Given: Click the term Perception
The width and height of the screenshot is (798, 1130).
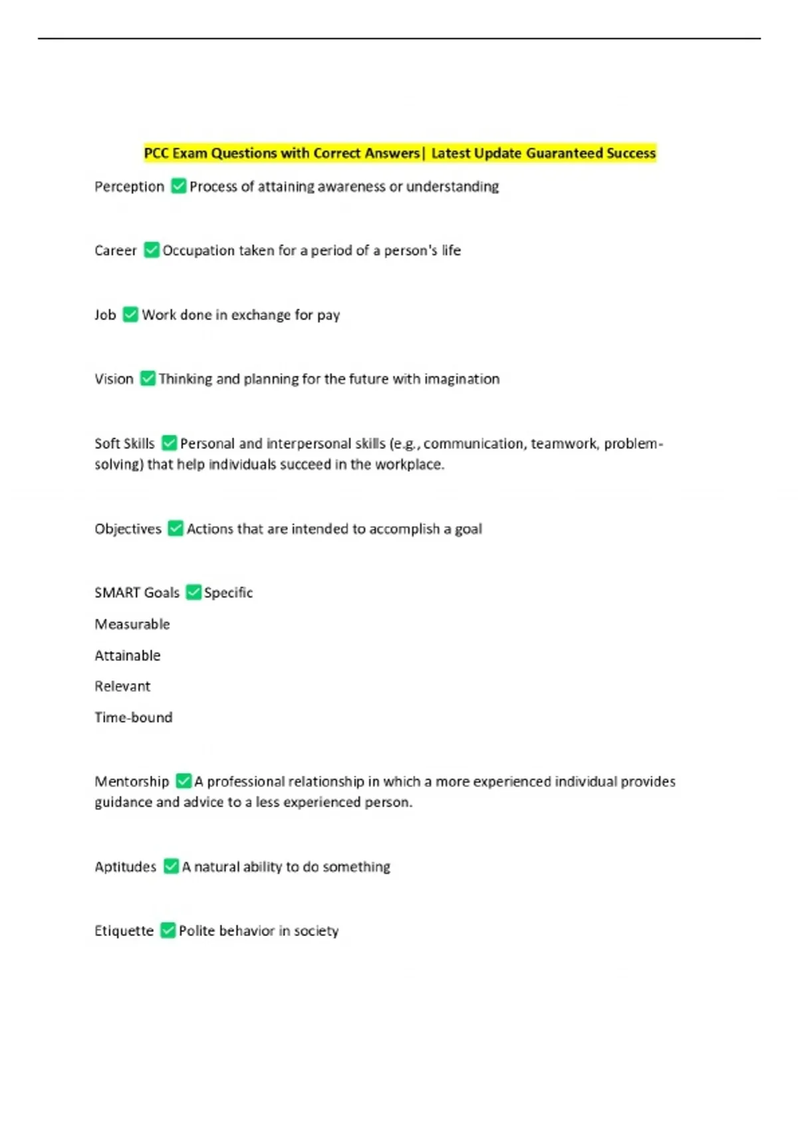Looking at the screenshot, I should (x=129, y=187).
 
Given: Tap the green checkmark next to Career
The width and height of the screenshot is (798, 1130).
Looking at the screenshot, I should (x=152, y=250).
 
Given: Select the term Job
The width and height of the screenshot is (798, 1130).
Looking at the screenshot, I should (x=105, y=314).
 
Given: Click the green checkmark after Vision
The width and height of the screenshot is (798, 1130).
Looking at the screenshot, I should (x=148, y=378).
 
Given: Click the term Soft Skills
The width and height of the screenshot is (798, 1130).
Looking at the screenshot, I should (x=124, y=443).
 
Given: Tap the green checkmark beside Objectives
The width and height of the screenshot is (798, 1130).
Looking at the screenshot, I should (x=176, y=528).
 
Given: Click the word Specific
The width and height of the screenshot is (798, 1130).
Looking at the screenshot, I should (x=228, y=592).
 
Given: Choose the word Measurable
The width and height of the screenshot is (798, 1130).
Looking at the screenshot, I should (x=132, y=624).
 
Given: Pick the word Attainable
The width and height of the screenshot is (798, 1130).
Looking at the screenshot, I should (x=128, y=655).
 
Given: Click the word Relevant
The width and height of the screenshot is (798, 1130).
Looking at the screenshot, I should (x=122, y=686).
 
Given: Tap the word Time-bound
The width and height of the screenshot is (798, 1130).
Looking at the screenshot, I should (x=134, y=717).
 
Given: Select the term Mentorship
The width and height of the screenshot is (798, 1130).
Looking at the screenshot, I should (x=132, y=781).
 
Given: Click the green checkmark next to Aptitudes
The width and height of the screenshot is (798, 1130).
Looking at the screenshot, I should (x=171, y=866).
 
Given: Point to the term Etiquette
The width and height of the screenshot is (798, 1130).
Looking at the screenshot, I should (x=124, y=931).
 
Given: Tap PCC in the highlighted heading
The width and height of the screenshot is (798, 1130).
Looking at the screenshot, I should (x=156, y=154).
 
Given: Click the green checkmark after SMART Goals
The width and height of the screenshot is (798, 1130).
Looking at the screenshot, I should (x=194, y=592).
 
